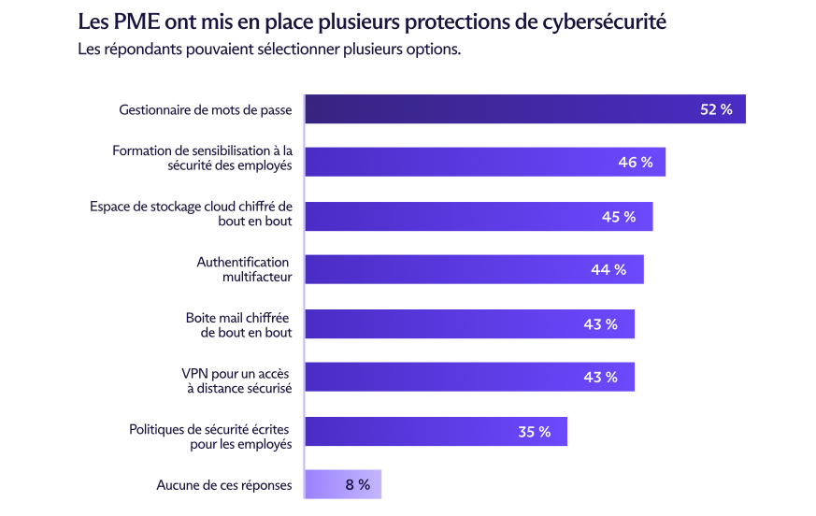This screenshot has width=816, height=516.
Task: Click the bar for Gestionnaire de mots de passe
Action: [523, 109]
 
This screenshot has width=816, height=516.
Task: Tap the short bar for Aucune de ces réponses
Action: [343, 484]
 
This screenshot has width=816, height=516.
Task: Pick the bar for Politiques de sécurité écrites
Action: [436, 431]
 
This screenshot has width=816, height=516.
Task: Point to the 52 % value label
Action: [716, 109]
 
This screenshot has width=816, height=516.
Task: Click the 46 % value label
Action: [635, 163]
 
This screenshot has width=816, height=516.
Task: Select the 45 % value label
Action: [619, 216]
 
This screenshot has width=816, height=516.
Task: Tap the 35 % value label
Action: [535, 431]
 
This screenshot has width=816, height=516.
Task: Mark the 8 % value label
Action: [357, 484]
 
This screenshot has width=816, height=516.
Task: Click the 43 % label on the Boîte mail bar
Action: [600, 324]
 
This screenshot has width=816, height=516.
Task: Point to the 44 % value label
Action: [608, 270]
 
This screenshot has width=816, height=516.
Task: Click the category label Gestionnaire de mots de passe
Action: [206, 110]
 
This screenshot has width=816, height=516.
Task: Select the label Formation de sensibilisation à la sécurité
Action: [202, 157]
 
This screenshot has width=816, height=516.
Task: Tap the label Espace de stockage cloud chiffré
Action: [191, 213]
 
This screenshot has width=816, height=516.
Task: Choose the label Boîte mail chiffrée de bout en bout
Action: [238, 324]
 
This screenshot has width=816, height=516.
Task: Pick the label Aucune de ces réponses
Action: [224, 485]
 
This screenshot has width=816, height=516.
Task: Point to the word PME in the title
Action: [129, 21]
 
